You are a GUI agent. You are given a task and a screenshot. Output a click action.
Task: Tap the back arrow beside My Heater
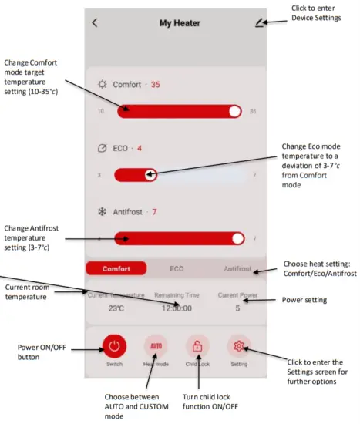tap(95, 22)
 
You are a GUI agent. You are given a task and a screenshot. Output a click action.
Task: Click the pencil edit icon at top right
tap(259, 22)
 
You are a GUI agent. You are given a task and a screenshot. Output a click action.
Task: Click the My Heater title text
tap(180, 23)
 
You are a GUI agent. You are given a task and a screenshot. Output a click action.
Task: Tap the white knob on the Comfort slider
tap(235, 111)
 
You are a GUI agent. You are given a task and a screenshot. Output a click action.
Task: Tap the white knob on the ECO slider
tap(150, 175)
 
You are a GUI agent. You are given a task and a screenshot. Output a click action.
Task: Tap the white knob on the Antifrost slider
tap(237, 238)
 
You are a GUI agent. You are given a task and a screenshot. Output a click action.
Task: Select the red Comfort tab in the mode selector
tap(116, 269)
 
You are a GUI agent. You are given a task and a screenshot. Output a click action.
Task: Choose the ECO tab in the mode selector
tap(177, 269)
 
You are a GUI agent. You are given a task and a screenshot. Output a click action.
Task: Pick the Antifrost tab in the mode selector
tap(237, 269)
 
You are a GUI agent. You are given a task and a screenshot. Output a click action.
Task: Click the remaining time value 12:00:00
tap(177, 307)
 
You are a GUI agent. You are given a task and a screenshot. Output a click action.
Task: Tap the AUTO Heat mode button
tap(155, 347)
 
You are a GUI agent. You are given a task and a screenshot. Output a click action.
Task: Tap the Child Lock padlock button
tap(197, 347)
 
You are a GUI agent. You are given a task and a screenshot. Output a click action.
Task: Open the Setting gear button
tap(239, 347)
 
